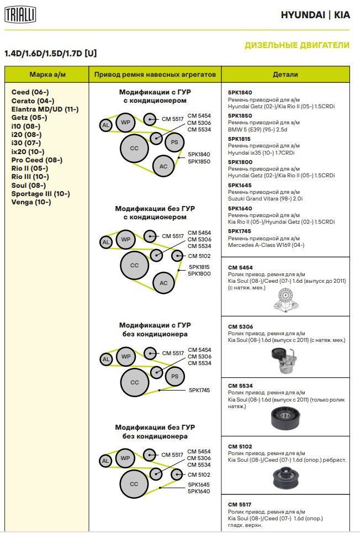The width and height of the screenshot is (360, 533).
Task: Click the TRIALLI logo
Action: [x=20, y=15]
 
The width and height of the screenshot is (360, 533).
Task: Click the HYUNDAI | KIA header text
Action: [x=315, y=15]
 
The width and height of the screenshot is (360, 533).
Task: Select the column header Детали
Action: [x=285, y=75]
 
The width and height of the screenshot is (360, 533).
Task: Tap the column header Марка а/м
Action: [x=46, y=75]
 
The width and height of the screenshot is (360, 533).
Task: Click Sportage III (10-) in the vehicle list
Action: [x=40, y=194]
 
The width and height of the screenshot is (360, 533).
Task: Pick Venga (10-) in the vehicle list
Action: [x=31, y=202]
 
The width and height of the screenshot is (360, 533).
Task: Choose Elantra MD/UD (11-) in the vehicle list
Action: [x=45, y=109]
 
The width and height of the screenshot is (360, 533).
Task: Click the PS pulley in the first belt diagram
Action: [x=174, y=142]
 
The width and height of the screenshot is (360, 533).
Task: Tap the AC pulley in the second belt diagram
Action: [x=163, y=283]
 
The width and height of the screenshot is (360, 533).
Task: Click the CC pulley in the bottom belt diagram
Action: [x=134, y=483]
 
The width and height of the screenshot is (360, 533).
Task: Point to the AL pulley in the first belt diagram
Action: [x=105, y=125]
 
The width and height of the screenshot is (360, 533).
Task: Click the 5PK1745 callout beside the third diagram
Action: [x=199, y=390]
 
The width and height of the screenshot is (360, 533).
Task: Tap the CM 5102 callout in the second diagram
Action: [x=199, y=256]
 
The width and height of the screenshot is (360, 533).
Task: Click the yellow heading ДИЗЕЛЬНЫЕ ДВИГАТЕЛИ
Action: [x=297, y=45]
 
